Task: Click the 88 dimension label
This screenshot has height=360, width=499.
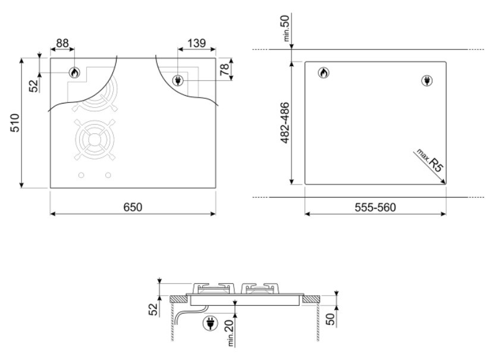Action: click(62, 43)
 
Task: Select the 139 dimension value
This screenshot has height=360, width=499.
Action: click(196, 43)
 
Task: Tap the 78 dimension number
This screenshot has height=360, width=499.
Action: click(224, 69)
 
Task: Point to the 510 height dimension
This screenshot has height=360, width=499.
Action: click(15, 123)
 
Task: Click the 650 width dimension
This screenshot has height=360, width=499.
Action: click(133, 207)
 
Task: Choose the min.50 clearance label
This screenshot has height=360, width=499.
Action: click(285, 28)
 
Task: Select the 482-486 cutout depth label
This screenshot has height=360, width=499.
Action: click(285, 123)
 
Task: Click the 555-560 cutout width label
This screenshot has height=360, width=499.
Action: click(375, 208)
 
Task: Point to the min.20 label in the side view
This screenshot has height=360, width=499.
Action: click(230, 332)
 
